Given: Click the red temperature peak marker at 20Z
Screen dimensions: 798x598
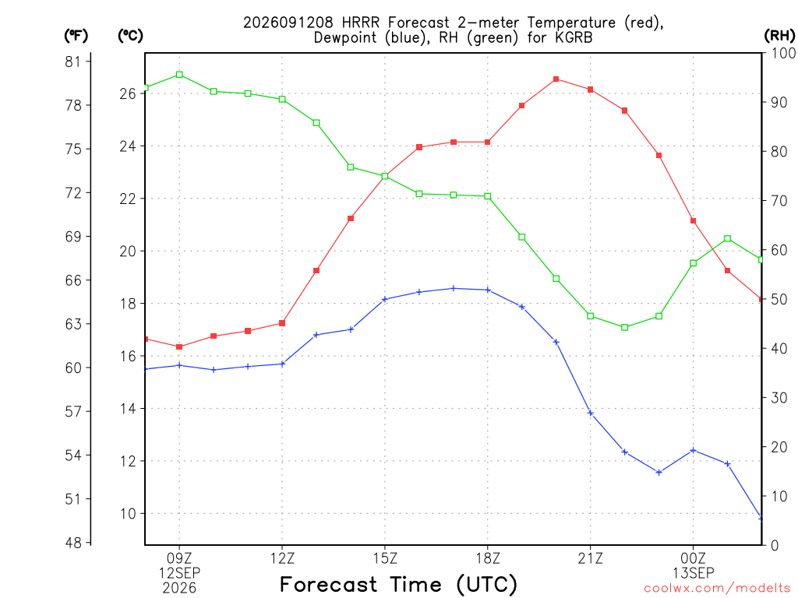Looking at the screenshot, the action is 556,79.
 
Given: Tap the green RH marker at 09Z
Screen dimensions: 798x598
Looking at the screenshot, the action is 179,75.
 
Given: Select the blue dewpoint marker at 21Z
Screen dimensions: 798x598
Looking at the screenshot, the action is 591,413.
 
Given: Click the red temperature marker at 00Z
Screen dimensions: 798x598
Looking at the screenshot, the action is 693,220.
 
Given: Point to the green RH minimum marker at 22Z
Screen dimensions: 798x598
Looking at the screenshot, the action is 625,328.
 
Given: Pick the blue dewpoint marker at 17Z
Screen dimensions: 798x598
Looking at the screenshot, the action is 454,288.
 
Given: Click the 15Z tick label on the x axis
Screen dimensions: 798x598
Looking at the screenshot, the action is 385,558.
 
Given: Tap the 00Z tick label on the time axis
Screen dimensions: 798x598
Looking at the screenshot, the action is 693,558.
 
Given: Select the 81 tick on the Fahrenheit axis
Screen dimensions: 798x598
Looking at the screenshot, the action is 72,62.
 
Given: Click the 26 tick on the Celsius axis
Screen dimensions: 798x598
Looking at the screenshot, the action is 128,93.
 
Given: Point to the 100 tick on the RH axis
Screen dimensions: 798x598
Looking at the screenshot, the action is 783,53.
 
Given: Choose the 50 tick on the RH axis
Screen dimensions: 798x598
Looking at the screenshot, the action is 779,299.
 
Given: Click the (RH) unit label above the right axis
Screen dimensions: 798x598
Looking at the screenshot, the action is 779,35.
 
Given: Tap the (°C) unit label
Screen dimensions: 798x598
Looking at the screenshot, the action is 130,35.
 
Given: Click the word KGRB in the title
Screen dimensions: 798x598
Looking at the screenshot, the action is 574,37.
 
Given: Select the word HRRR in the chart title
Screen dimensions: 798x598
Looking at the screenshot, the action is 361,23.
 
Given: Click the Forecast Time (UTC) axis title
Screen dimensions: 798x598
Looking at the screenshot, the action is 398,585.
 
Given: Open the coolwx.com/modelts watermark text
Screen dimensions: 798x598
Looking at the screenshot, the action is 717,588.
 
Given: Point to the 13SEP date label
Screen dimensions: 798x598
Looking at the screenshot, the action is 693,573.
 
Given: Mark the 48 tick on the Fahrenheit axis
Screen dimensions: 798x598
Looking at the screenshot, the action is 72,543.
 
